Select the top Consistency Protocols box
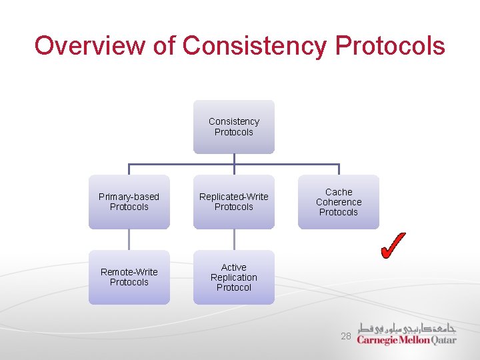234,127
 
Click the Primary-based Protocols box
129,201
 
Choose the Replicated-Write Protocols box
234,201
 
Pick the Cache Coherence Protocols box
339,201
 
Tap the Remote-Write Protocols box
129,277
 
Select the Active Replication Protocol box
234,277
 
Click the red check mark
393,245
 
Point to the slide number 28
345,337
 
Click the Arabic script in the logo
407,328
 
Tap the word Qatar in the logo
444,339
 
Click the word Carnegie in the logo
377,340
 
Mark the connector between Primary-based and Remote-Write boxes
129,239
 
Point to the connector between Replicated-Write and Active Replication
234,239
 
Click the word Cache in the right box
339,192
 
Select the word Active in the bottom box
234,267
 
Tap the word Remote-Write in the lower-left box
129,272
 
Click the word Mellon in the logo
415,339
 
